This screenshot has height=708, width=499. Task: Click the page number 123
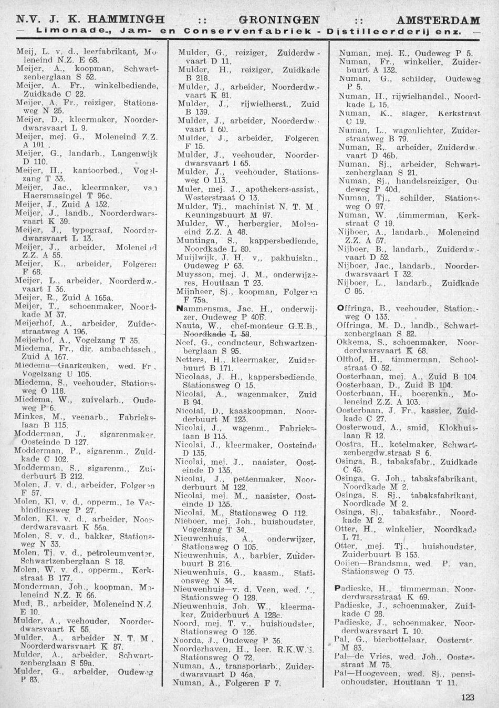point(467,697)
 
